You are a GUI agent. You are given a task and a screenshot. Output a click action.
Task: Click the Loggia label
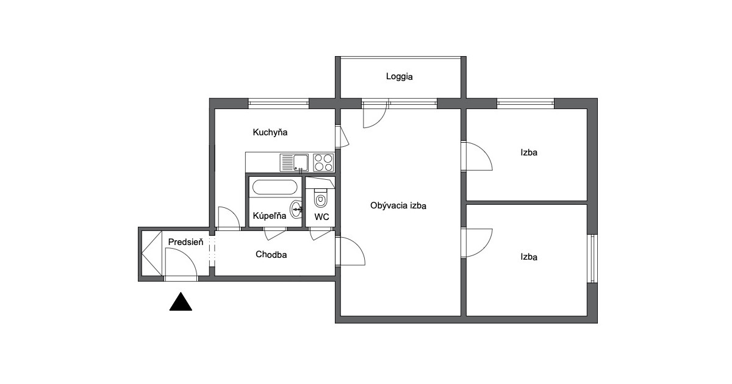point(399,77)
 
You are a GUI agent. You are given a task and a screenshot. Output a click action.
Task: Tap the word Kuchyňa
point(270,132)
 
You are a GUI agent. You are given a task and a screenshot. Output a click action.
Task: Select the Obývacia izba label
point(398,206)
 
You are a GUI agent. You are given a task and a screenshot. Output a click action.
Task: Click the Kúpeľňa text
point(269,216)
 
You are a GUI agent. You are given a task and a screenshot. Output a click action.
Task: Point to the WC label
point(321,217)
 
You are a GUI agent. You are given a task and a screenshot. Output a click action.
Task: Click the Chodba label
point(271,254)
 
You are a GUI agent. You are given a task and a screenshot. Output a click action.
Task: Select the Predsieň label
point(185,242)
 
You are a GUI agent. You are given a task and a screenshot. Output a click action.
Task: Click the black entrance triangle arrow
point(181,302)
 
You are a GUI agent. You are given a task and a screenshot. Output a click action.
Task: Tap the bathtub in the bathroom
point(275,188)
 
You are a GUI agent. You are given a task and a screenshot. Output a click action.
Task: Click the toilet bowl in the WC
point(321,198)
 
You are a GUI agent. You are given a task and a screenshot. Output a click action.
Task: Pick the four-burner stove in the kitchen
point(323,163)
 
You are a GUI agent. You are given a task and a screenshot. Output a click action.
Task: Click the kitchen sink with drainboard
point(294,163)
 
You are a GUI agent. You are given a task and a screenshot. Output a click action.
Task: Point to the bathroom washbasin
point(296,209)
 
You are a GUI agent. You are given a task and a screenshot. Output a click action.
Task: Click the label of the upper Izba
point(529,152)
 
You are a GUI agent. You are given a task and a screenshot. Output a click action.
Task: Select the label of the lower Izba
point(529,257)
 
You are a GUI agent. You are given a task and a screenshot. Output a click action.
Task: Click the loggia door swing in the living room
point(381,119)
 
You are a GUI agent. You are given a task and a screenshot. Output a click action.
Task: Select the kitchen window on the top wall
point(278,104)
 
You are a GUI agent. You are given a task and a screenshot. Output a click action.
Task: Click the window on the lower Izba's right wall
point(592,258)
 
